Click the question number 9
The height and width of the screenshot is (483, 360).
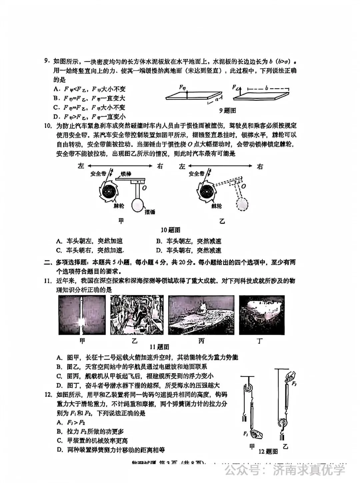click(47, 62)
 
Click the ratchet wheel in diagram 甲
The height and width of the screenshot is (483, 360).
click(108, 191)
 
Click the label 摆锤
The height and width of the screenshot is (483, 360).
click(150, 212)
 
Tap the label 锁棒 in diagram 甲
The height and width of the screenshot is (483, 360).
click(126, 174)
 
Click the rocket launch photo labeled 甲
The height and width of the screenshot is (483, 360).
click(82, 315)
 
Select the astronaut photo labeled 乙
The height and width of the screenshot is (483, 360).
click(137, 315)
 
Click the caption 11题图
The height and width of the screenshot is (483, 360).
click(159, 347)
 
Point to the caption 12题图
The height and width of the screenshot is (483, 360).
click(268, 451)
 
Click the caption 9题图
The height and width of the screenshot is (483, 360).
click(227, 110)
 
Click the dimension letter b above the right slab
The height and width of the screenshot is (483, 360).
click(266, 88)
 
